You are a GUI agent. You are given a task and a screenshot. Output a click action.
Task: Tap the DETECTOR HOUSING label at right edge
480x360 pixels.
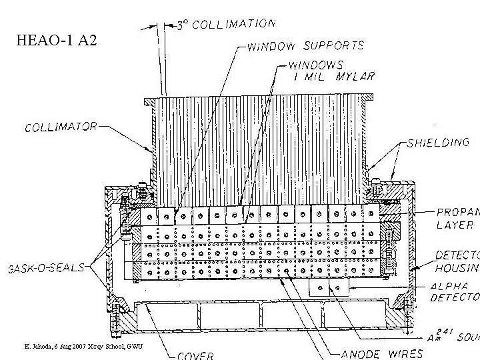[x=457, y=261]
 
